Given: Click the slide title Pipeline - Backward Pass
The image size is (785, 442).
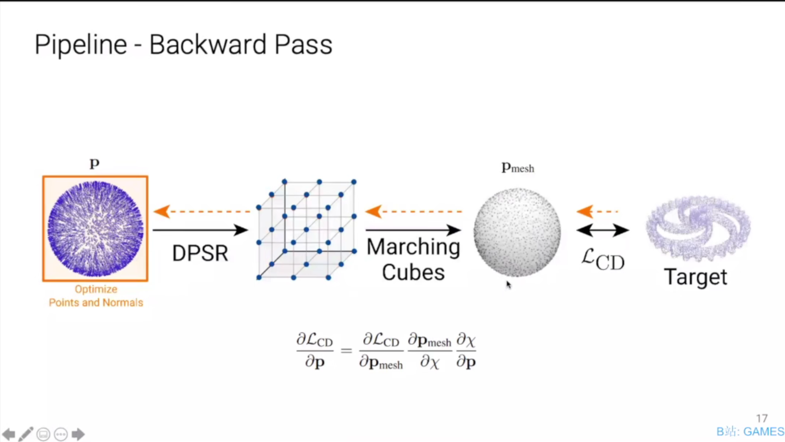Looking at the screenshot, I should tap(183, 45).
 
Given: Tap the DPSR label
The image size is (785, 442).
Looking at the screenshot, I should tap(200, 253).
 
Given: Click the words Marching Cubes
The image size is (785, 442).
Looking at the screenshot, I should tap(413, 259).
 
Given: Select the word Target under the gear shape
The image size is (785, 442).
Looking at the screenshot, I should tap(695, 277).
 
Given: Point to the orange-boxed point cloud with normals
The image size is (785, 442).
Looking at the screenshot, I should tap(95, 228).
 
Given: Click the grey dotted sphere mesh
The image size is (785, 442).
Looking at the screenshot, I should tap(517, 232).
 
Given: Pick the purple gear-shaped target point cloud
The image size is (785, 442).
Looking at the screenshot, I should tap(698, 228).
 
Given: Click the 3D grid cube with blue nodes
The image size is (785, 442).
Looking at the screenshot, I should tap(306, 229).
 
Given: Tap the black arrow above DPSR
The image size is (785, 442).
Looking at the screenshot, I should tap(200, 230).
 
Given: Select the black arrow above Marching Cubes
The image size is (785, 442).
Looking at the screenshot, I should tap(413, 230).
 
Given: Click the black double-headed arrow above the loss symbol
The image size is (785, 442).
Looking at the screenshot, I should tap(603, 231).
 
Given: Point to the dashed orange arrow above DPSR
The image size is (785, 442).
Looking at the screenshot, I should tap(201, 211).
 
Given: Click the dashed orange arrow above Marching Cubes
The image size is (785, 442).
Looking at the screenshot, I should tap(414, 211).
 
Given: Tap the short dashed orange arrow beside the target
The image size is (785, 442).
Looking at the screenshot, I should tap(598, 211).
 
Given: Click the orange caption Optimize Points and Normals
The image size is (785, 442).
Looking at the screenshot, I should tap(96, 296).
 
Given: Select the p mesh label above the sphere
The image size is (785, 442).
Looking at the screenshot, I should tap(518, 167).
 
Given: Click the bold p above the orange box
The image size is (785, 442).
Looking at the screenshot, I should tap(95, 164).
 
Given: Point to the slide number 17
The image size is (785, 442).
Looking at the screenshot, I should tap(762, 418).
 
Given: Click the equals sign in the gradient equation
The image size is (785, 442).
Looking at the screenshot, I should tap(346, 350).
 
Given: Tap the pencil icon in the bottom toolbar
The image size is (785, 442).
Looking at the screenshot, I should tap(26, 434).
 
